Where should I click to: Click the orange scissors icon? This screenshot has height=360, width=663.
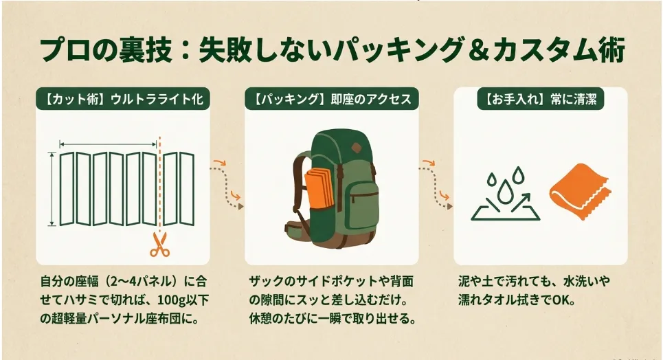(x=159, y=245)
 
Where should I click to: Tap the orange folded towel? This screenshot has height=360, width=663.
(x=579, y=191)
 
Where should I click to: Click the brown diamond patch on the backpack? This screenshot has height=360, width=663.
(x=355, y=149)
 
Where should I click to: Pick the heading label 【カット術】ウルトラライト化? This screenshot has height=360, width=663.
(x=122, y=99)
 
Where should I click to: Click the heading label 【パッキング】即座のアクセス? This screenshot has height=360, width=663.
(x=331, y=99)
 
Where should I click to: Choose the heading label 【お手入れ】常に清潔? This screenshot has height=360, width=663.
(x=541, y=99)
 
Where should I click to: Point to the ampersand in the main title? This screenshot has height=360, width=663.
(x=477, y=50)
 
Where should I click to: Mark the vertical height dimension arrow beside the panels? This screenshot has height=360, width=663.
(x=52, y=189)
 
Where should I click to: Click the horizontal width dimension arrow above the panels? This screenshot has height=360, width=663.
(x=109, y=145)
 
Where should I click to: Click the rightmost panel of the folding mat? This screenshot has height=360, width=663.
(x=188, y=189)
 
